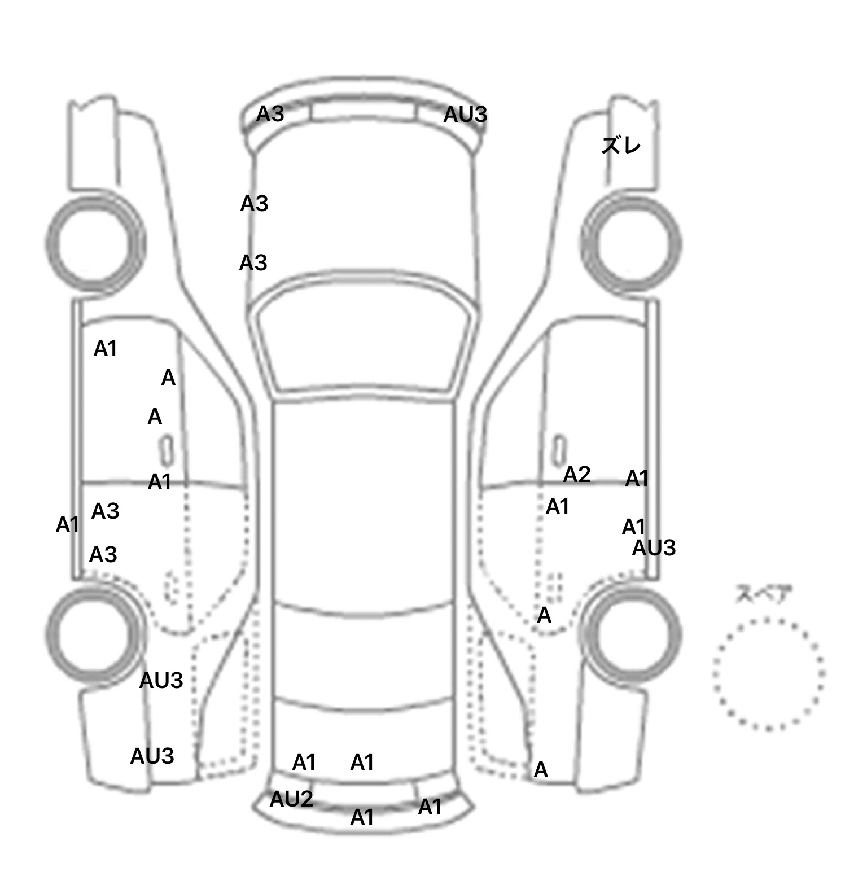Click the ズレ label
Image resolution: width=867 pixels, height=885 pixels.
click(621, 146)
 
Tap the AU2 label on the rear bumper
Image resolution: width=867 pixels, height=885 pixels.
click(291, 799)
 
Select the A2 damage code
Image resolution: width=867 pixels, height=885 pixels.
click(577, 475)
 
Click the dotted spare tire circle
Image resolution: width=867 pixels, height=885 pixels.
click(714, 674)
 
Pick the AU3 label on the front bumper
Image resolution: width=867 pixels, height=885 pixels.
click(465, 115)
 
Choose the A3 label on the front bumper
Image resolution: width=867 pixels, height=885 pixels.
click(270, 114)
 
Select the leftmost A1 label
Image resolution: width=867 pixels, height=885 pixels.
click(67, 525)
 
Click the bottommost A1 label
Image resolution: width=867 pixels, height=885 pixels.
click(362, 817)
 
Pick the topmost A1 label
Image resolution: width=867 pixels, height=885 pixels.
click(106, 349)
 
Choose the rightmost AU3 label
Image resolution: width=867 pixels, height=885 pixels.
click(654, 548)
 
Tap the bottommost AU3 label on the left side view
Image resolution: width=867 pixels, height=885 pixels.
click(152, 756)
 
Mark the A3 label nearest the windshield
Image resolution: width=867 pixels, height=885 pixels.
click(253, 263)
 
